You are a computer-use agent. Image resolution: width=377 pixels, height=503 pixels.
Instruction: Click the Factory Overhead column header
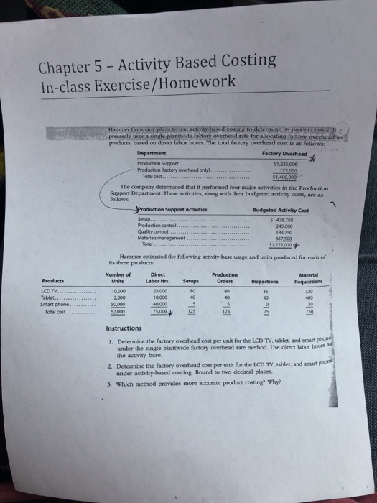coord(280,152)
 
